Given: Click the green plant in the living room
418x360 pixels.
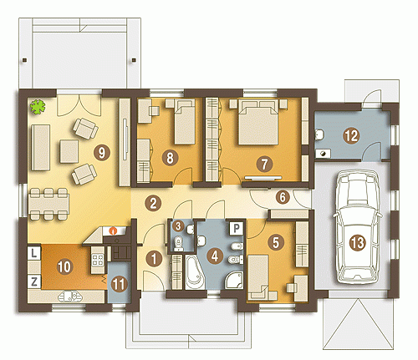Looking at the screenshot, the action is tap(38, 107).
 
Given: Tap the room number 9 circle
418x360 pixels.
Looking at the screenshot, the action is tap(102, 153).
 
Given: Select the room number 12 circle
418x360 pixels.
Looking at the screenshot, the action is tap(351, 136).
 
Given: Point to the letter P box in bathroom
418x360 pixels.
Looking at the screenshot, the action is tap(237, 229).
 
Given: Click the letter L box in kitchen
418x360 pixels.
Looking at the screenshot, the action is tap(34, 253).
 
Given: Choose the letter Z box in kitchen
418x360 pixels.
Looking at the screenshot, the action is tap(34, 281).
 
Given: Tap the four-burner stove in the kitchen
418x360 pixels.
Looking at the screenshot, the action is tap(98, 259).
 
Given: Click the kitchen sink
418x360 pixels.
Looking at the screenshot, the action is tap(70, 297).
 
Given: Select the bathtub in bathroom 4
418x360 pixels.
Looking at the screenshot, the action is tap(195, 272).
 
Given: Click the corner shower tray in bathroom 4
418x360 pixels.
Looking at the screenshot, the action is tap(234, 281).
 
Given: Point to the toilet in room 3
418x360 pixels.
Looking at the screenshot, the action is tap(178, 244).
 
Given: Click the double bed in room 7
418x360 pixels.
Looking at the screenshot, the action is tap(258, 123).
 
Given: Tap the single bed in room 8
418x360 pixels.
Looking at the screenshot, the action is tap(185, 122).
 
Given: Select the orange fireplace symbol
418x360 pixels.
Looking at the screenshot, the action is tap(113, 231).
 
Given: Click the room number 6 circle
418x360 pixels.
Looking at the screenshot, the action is tap(283, 197).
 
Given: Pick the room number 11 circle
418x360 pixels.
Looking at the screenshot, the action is tap(120, 285).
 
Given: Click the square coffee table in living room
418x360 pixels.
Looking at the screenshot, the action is tap(69, 151).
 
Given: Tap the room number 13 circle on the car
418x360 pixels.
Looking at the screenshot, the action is tap(357, 242).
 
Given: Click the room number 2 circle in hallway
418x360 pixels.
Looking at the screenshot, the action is tap(153, 203).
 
